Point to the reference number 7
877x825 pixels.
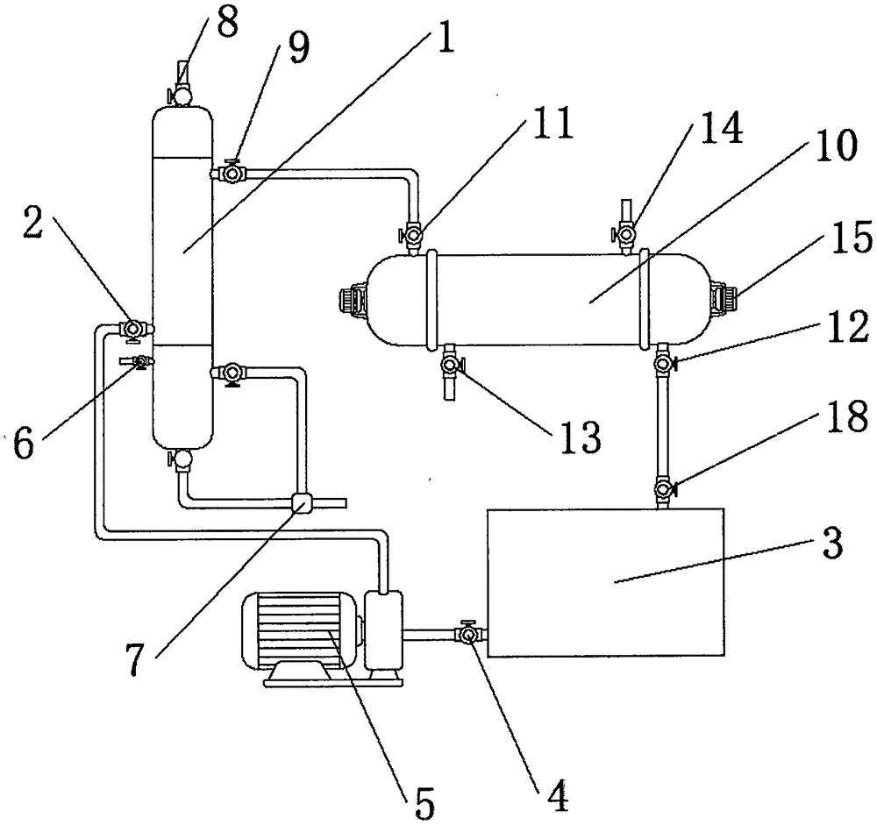[x=133, y=662]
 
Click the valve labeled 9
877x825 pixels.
[x=233, y=174]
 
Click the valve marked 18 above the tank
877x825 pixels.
[x=664, y=488]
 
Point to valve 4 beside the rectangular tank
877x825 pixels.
[x=467, y=632]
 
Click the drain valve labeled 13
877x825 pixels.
[x=450, y=362]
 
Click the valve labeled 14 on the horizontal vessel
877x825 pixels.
[x=626, y=234]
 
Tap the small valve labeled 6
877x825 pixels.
[x=138, y=362]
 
